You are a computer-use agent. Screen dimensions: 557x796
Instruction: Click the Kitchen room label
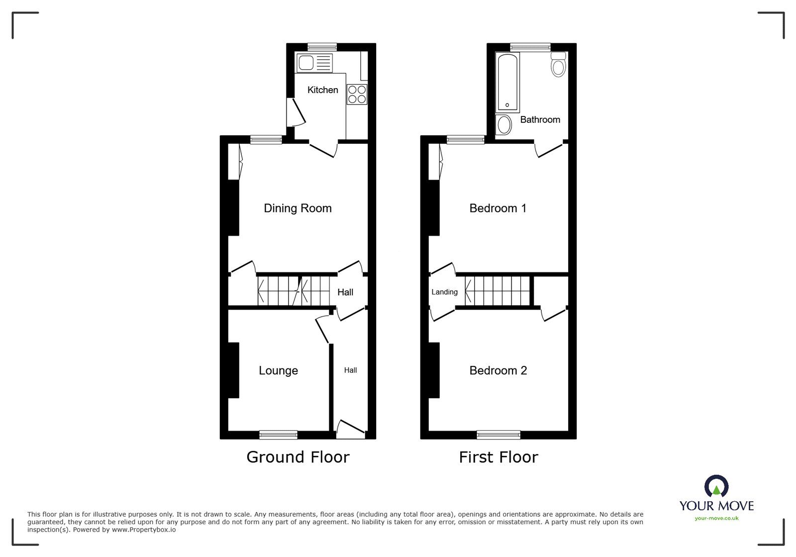click(322, 90)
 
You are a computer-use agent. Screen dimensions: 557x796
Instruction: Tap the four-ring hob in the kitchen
click(357, 95)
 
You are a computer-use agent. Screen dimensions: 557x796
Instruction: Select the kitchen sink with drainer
click(314, 63)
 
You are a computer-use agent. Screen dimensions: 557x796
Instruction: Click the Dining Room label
click(298, 208)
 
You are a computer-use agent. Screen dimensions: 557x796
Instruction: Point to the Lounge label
click(278, 370)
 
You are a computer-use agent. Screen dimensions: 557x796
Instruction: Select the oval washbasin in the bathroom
click(504, 125)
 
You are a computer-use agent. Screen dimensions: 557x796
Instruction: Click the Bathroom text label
click(540, 119)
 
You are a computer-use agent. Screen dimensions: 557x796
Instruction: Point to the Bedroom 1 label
click(497, 208)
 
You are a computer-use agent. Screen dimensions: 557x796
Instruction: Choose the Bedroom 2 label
click(498, 370)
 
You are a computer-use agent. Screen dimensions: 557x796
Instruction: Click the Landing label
click(444, 292)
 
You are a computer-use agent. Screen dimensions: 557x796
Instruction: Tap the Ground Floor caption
click(298, 457)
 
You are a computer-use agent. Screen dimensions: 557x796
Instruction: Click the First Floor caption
click(498, 457)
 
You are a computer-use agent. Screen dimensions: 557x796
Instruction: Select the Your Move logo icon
click(716, 486)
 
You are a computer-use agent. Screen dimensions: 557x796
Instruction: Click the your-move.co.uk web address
click(716, 518)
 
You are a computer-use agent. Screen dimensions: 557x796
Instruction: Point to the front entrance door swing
click(351, 429)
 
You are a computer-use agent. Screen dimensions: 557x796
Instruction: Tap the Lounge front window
click(278, 435)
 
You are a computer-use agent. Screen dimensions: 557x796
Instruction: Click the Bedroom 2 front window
click(498, 435)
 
